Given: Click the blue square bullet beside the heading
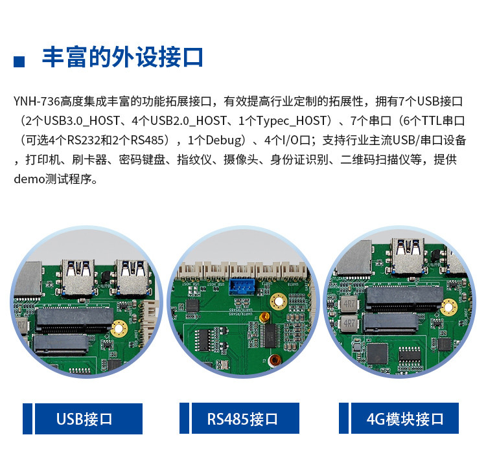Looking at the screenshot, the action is coord(19,62).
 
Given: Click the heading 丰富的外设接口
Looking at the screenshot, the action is coord(122,57).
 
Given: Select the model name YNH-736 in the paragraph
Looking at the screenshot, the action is coord(36,101).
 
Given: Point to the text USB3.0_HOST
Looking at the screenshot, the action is coord(82,121).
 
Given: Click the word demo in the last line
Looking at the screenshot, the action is coord(29,179).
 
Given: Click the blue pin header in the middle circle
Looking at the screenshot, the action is coord(242,286).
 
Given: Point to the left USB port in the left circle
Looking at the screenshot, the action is coord(78,277).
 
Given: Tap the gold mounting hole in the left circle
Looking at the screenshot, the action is coord(119,328).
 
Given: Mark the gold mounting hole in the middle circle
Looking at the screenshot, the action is coord(279,301).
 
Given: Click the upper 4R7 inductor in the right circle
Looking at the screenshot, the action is coord(349,304).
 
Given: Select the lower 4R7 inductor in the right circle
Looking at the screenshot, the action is coord(349,324).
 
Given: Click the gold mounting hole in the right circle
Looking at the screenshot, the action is coord(448,308).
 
